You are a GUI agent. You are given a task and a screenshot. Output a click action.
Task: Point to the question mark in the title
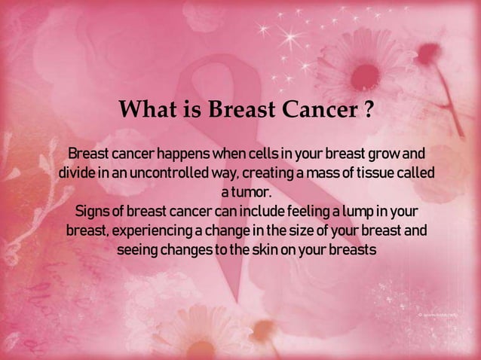pos(367,112)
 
